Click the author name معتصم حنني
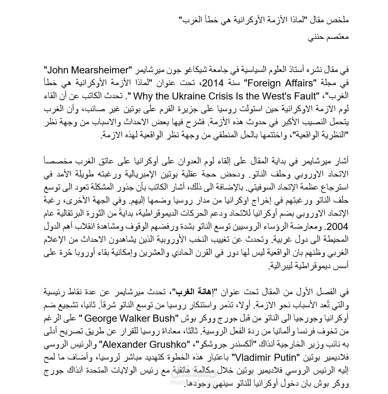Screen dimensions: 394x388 tap(328, 37)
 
